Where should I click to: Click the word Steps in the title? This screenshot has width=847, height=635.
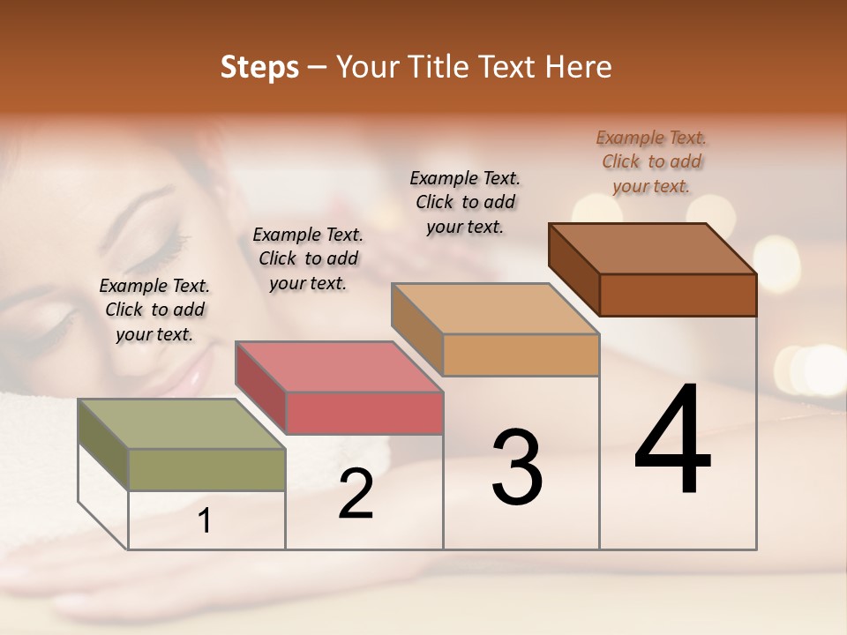259,67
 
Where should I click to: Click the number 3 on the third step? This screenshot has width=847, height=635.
517,467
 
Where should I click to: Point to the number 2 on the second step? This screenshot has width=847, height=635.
356,494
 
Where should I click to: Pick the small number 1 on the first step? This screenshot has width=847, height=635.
205,521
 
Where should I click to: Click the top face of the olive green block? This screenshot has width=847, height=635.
180,424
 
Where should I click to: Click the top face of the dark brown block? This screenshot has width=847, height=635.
651,249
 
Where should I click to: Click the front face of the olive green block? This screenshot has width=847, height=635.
206,469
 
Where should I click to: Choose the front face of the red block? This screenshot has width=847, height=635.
364,413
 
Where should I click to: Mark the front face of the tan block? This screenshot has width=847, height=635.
521,355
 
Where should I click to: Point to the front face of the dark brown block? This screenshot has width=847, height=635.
678,295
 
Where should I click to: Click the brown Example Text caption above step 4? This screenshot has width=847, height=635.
651,161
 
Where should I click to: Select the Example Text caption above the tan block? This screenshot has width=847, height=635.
465,202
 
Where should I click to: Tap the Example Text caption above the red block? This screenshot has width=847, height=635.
308,258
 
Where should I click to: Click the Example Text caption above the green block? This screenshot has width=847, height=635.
154,310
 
